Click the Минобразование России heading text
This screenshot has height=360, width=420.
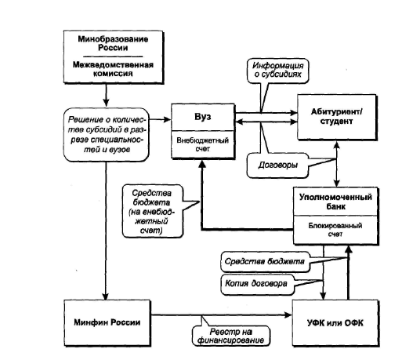click(113, 43)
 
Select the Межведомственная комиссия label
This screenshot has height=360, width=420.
click(113, 69)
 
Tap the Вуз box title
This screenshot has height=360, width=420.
click(203, 117)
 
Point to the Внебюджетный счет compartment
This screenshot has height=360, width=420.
click(203, 144)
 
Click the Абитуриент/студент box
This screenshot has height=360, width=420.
click(337, 117)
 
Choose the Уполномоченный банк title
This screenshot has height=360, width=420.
click(335, 202)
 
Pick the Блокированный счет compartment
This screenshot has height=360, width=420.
click(335, 230)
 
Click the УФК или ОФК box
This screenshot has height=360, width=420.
click(335, 323)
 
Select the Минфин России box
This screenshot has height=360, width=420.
click(107, 322)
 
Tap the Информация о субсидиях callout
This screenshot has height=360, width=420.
click(277, 71)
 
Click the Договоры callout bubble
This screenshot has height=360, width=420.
click(277, 165)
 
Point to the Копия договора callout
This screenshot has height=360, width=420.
click(257, 284)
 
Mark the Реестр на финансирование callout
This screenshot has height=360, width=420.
click(230, 336)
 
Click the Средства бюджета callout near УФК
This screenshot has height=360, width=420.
click(265, 261)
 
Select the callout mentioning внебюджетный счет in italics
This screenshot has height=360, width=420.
click(153, 211)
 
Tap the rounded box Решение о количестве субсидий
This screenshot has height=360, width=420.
click(106, 135)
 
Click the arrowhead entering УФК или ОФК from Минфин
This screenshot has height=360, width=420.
click(288, 315)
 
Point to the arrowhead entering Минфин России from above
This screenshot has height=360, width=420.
click(106, 296)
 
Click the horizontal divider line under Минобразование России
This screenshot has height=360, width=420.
click(113, 56)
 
